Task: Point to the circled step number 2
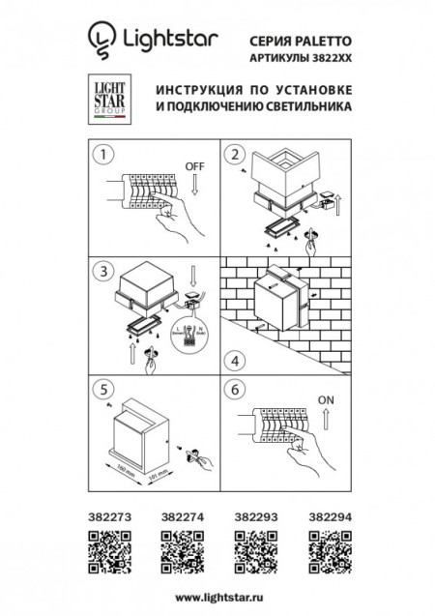click(x=234, y=155)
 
